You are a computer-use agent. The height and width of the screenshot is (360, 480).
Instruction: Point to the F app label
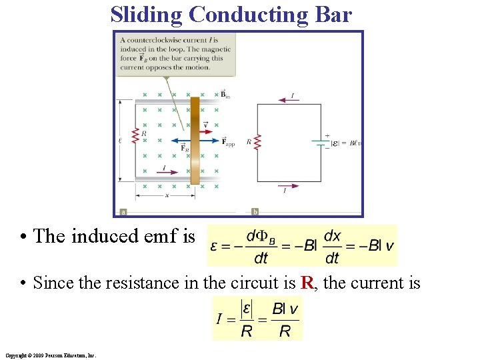click(x=229, y=142)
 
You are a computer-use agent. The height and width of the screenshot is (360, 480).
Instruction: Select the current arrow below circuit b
click(x=287, y=186)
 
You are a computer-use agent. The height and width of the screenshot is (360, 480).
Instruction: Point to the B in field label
click(x=225, y=94)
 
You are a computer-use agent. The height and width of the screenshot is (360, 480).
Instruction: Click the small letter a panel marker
click(x=123, y=212)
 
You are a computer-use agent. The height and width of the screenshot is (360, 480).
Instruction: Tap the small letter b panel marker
click(x=255, y=212)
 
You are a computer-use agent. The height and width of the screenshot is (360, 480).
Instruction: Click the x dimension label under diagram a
click(x=166, y=196)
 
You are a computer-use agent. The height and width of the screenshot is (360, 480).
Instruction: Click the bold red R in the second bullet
click(x=307, y=283)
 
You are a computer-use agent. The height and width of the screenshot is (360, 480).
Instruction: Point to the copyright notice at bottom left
click(x=50, y=355)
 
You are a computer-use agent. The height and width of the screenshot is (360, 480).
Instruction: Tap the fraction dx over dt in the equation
click(x=331, y=246)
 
